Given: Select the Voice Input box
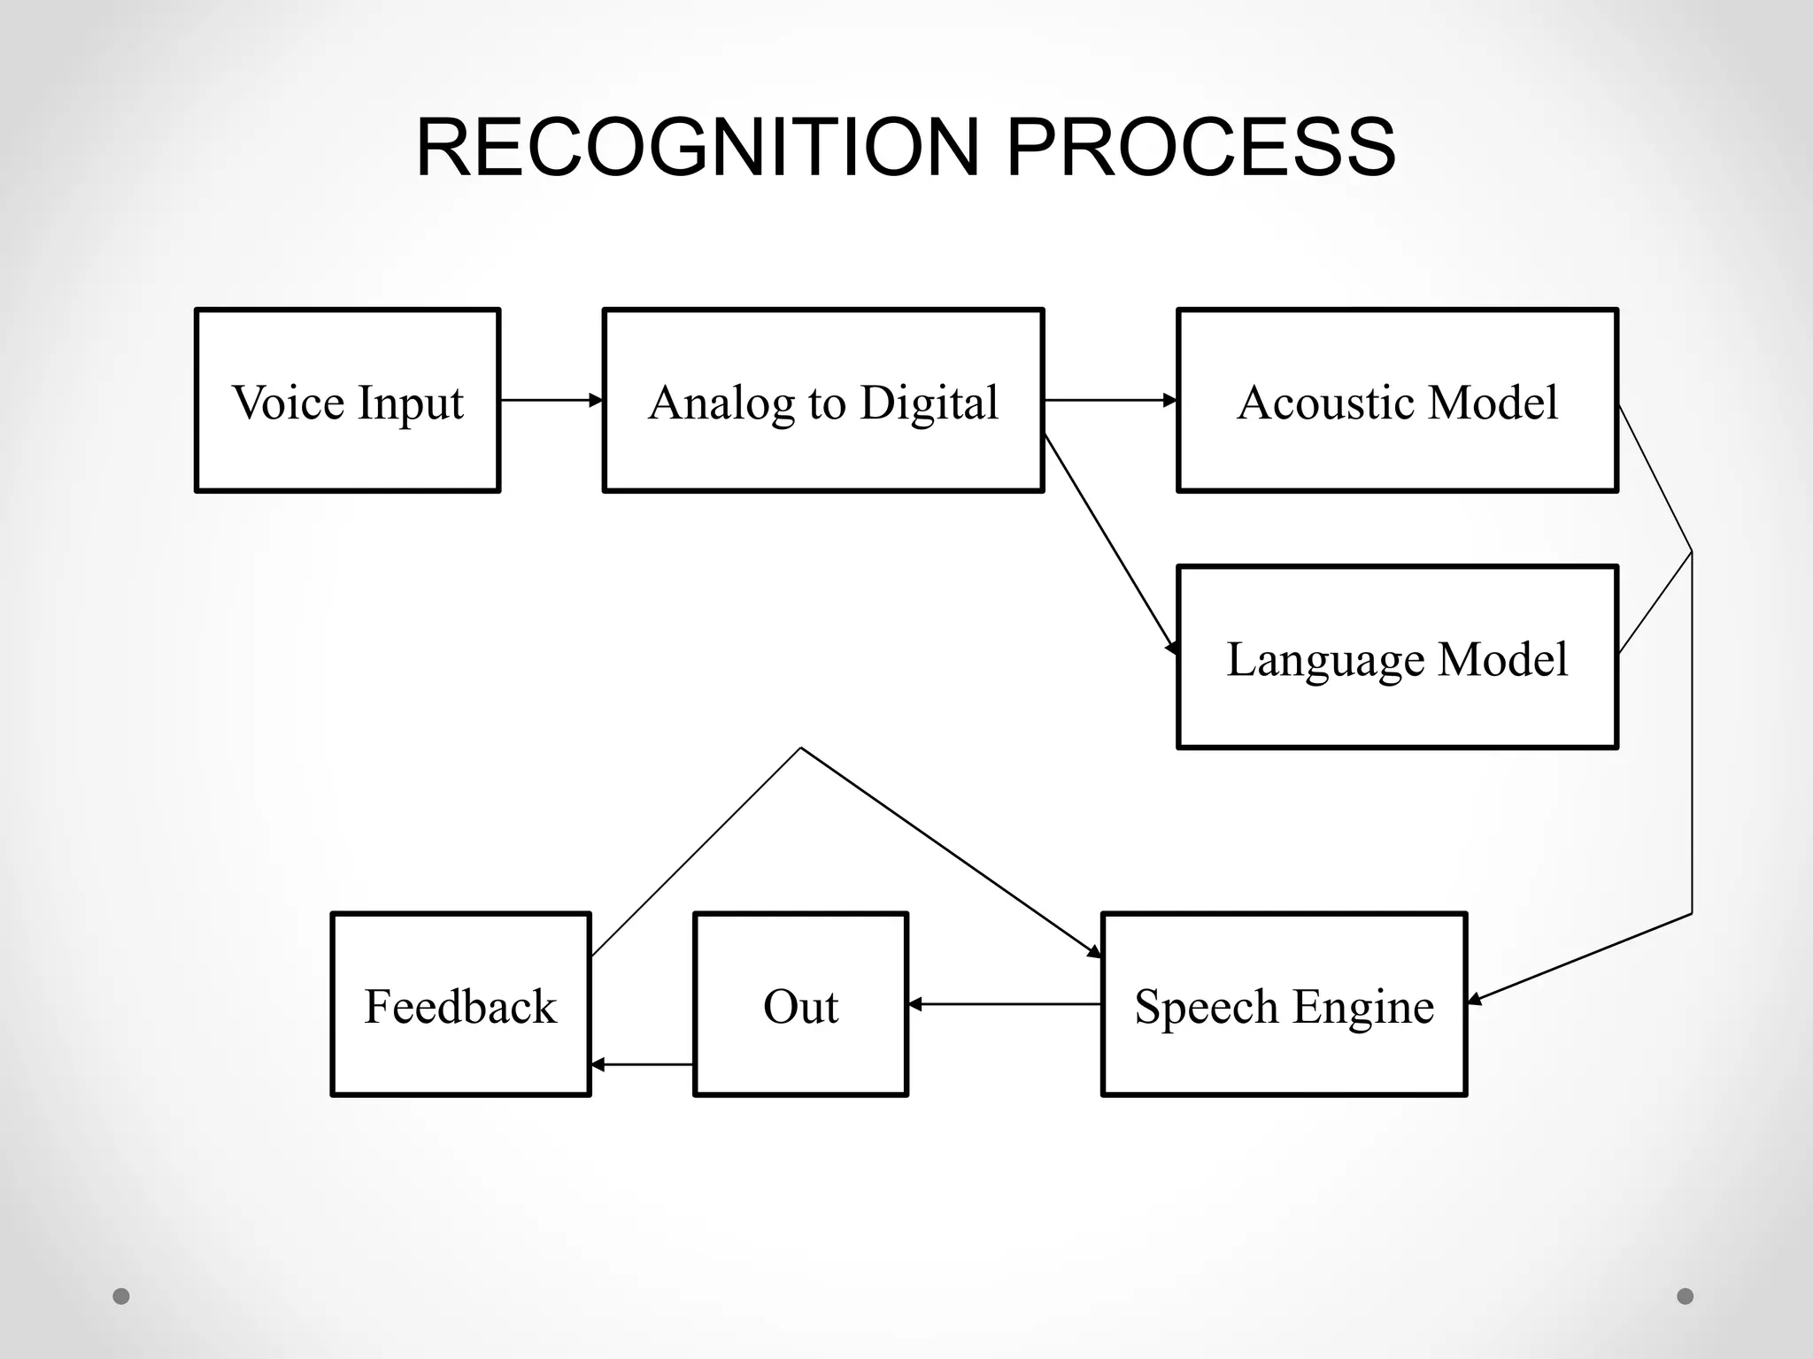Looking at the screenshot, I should (347, 401).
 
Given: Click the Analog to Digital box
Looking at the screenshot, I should (822, 401).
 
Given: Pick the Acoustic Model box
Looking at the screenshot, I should (1397, 401).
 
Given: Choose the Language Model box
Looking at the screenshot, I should (1397, 657).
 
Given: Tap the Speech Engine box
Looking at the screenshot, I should (1284, 1005).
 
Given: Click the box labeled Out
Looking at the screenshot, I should (800, 1005).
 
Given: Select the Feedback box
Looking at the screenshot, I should (460, 1005).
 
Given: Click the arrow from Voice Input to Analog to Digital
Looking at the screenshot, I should (551, 401).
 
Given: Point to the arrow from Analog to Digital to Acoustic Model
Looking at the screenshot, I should (1110, 401).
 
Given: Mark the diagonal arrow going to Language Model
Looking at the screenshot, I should (1112, 545).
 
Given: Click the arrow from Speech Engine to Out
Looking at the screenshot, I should (1004, 1004).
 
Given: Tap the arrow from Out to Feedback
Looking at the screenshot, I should (642, 1064).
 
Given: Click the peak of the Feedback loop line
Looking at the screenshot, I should (800, 749).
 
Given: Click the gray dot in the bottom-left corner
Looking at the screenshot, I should (121, 1296).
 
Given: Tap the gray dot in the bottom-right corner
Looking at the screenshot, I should (1685, 1296).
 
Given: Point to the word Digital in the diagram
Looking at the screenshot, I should (929, 403).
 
